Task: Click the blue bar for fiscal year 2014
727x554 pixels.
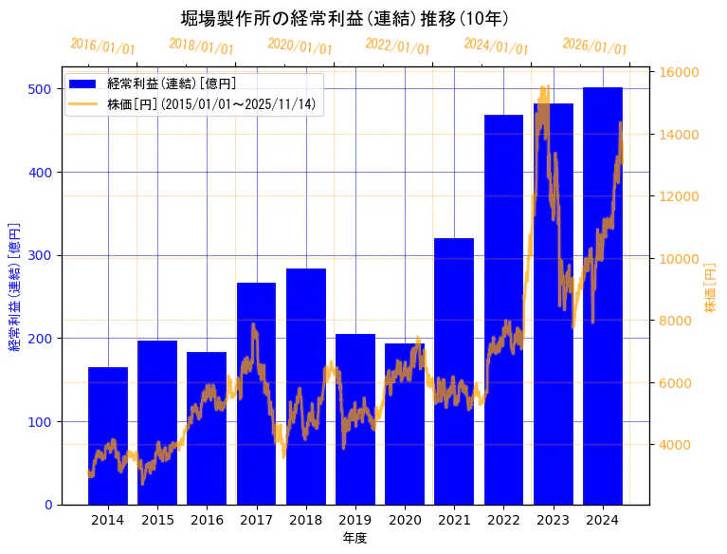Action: (108, 435)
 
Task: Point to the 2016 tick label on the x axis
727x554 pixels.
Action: (207, 520)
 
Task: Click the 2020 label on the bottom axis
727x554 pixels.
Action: (405, 520)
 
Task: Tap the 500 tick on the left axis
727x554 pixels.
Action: (40, 89)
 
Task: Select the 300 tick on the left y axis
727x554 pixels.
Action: (40, 255)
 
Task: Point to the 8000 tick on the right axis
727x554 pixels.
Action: (677, 321)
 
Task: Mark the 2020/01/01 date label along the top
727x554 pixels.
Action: (300, 46)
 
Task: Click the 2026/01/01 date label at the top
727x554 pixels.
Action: (594, 46)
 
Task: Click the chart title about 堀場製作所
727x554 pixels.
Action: (345, 18)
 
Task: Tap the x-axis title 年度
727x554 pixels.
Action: (355, 538)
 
